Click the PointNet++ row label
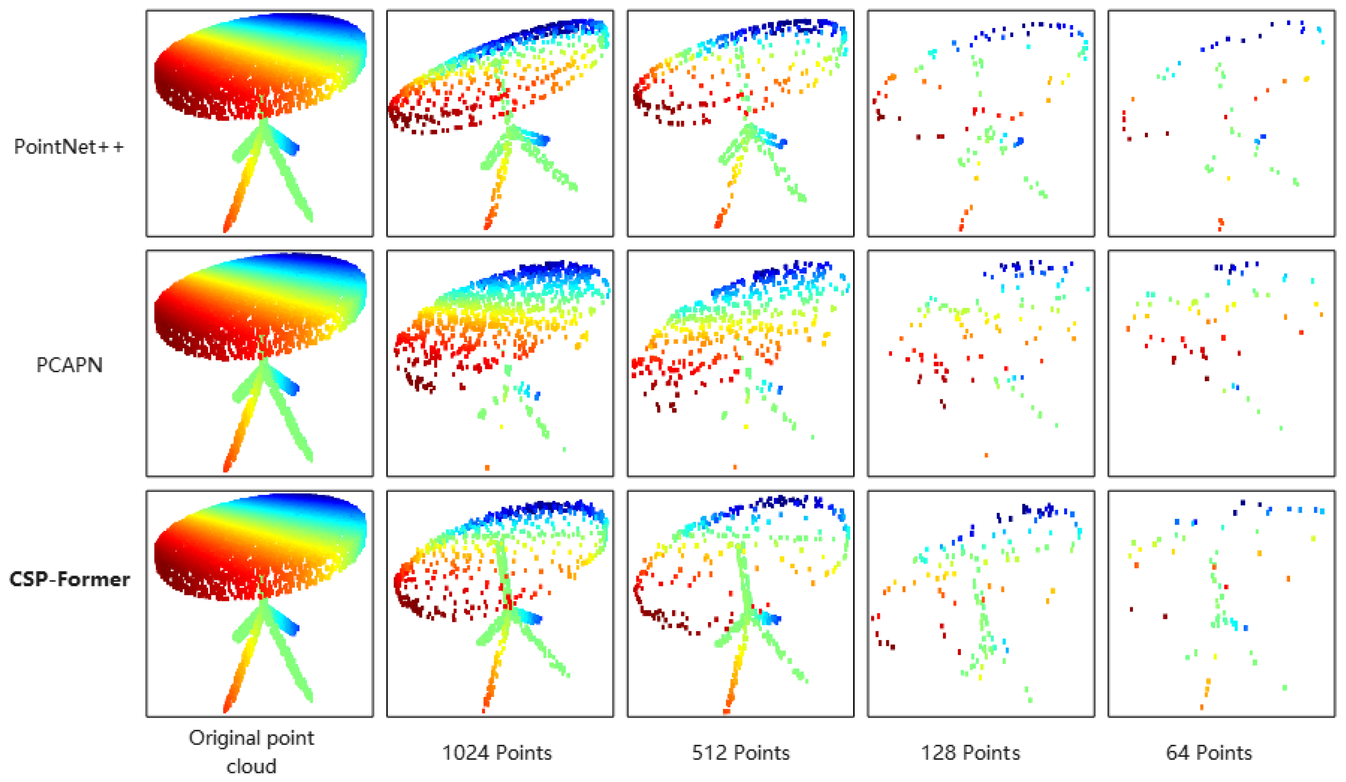pyautogui.click(x=69, y=147)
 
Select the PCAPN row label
pyautogui.click(x=69, y=365)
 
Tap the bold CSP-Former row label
pyautogui.click(x=69, y=579)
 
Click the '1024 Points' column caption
pyautogui.click(x=497, y=753)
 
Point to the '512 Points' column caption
pyautogui.click(x=741, y=753)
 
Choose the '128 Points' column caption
pyautogui.click(x=970, y=753)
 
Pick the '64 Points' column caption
pyautogui.click(x=1209, y=753)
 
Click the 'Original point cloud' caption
pyautogui.click(x=251, y=752)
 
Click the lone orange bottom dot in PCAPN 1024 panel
pyautogui.click(x=487, y=468)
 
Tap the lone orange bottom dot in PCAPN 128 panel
pyautogui.click(x=986, y=455)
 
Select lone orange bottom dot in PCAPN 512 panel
pyautogui.click(x=735, y=467)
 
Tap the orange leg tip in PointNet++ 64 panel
pyautogui.click(x=1220, y=223)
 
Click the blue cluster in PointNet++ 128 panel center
pyautogui.click(x=1018, y=142)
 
